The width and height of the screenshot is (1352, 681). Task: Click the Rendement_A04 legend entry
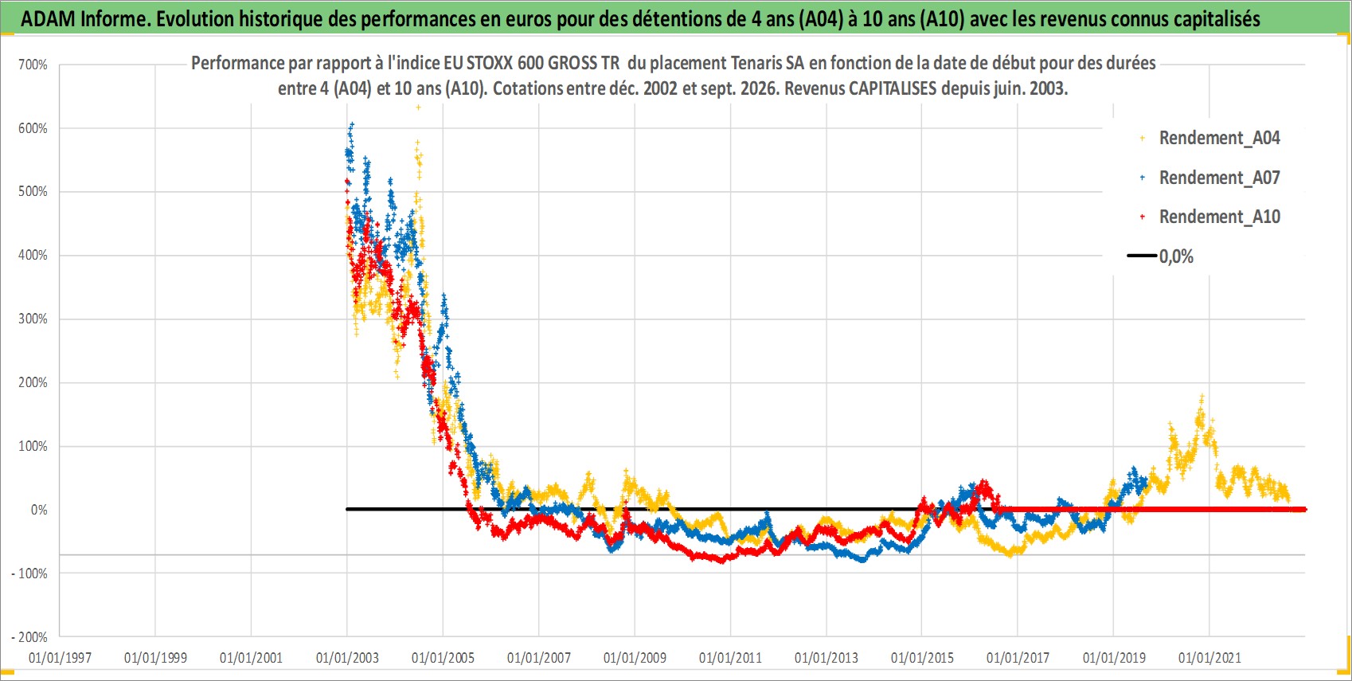[1209, 139]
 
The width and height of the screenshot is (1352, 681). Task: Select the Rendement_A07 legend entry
[1209, 178]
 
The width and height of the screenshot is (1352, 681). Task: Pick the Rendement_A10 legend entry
[1209, 217]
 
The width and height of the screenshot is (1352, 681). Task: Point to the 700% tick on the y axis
[33, 65]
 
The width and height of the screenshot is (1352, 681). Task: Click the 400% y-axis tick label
[33, 256]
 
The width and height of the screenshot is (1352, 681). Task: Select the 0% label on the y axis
[39, 510]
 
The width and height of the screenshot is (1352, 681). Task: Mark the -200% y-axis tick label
[29, 637]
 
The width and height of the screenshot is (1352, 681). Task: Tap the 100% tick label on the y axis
[33, 446]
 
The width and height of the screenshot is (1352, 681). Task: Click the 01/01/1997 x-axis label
[60, 658]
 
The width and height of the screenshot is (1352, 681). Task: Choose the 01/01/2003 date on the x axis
[347, 658]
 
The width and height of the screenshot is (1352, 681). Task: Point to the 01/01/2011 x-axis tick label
[730, 658]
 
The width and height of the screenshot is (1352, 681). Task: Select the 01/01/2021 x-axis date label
[1209, 658]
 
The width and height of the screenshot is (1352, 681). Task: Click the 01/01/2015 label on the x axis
[922, 658]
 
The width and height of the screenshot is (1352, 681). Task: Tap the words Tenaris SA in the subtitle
[768, 64]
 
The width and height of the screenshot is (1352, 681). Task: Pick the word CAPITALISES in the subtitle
[893, 88]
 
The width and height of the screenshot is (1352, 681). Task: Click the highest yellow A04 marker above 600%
[418, 108]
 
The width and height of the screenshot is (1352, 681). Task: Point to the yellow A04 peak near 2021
[1202, 397]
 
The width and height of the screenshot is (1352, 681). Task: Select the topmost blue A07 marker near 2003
[352, 124]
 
